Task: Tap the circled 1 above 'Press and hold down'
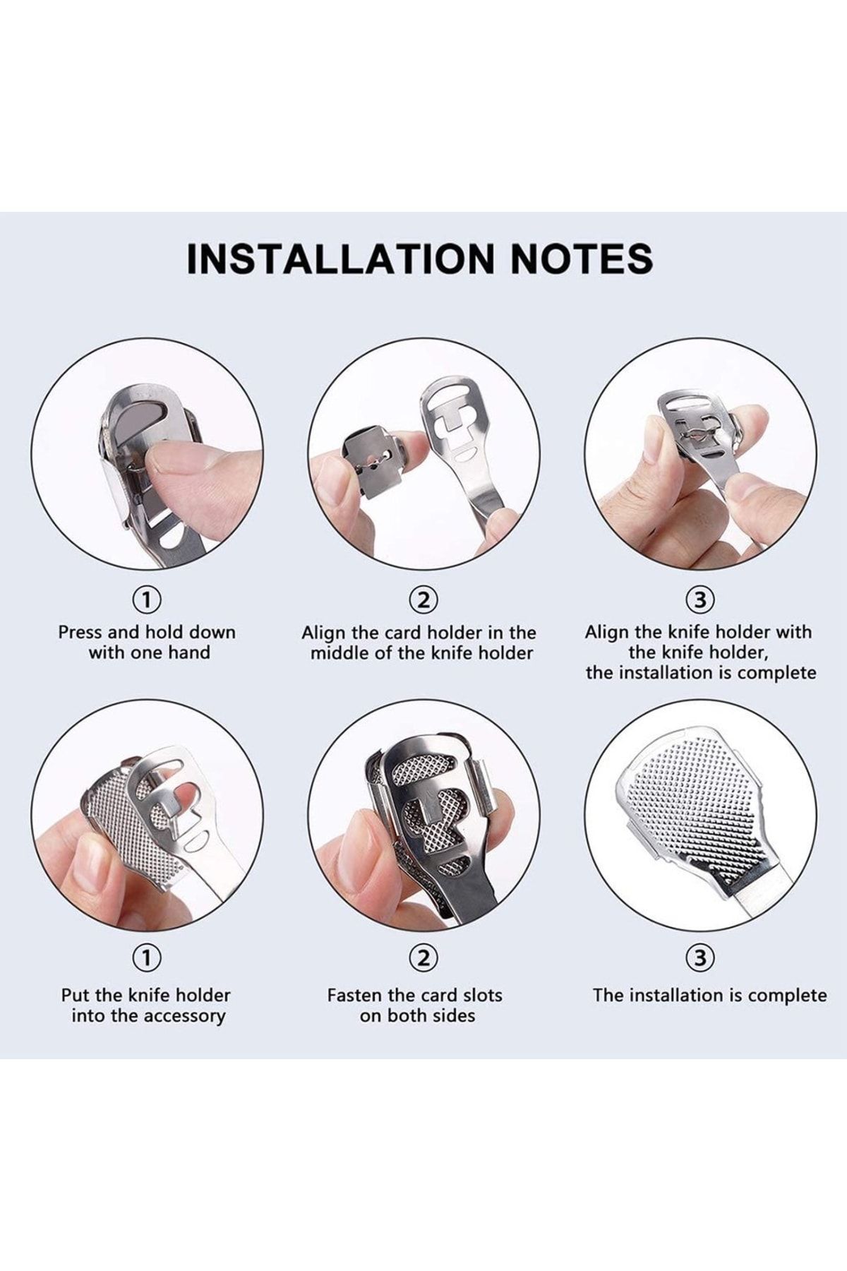pyautogui.click(x=147, y=600)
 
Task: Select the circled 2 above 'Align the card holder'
pyautogui.click(x=423, y=600)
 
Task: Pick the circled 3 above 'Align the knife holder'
pyautogui.click(x=700, y=600)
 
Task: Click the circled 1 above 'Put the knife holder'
pyautogui.click(x=147, y=958)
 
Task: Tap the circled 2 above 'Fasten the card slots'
pyautogui.click(x=423, y=958)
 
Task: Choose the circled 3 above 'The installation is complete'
pyautogui.click(x=700, y=958)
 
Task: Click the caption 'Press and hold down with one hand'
pyautogui.click(x=148, y=642)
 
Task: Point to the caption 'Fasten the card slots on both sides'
pyautogui.click(x=415, y=1006)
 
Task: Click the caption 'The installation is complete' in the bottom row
pyautogui.click(x=710, y=996)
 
